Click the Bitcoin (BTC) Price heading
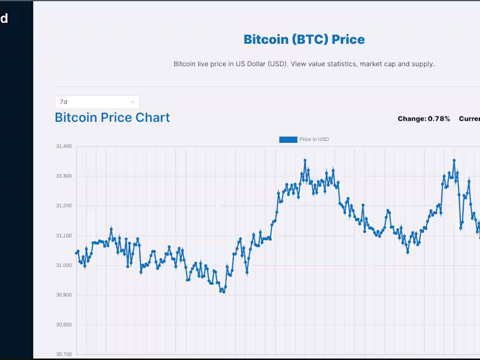tap(304, 40)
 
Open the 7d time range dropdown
tap(97, 102)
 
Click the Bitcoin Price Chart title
tap(112, 118)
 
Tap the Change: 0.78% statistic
tap(424, 119)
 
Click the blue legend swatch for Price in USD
tap(288, 139)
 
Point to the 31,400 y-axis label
tap(64, 146)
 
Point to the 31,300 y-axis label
tap(64, 176)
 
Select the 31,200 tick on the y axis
tap(64, 206)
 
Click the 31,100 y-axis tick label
tap(64, 235)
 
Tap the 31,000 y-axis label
tap(64, 265)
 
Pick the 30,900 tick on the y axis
tap(64, 295)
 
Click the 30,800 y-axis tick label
tap(64, 325)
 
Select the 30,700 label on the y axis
tap(64, 354)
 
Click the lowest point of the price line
tap(223, 292)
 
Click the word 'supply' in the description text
tap(422, 64)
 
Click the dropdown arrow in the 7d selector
tap(133, 102)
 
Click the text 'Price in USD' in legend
tap(314, 139)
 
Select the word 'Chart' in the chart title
tap(152, 118)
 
